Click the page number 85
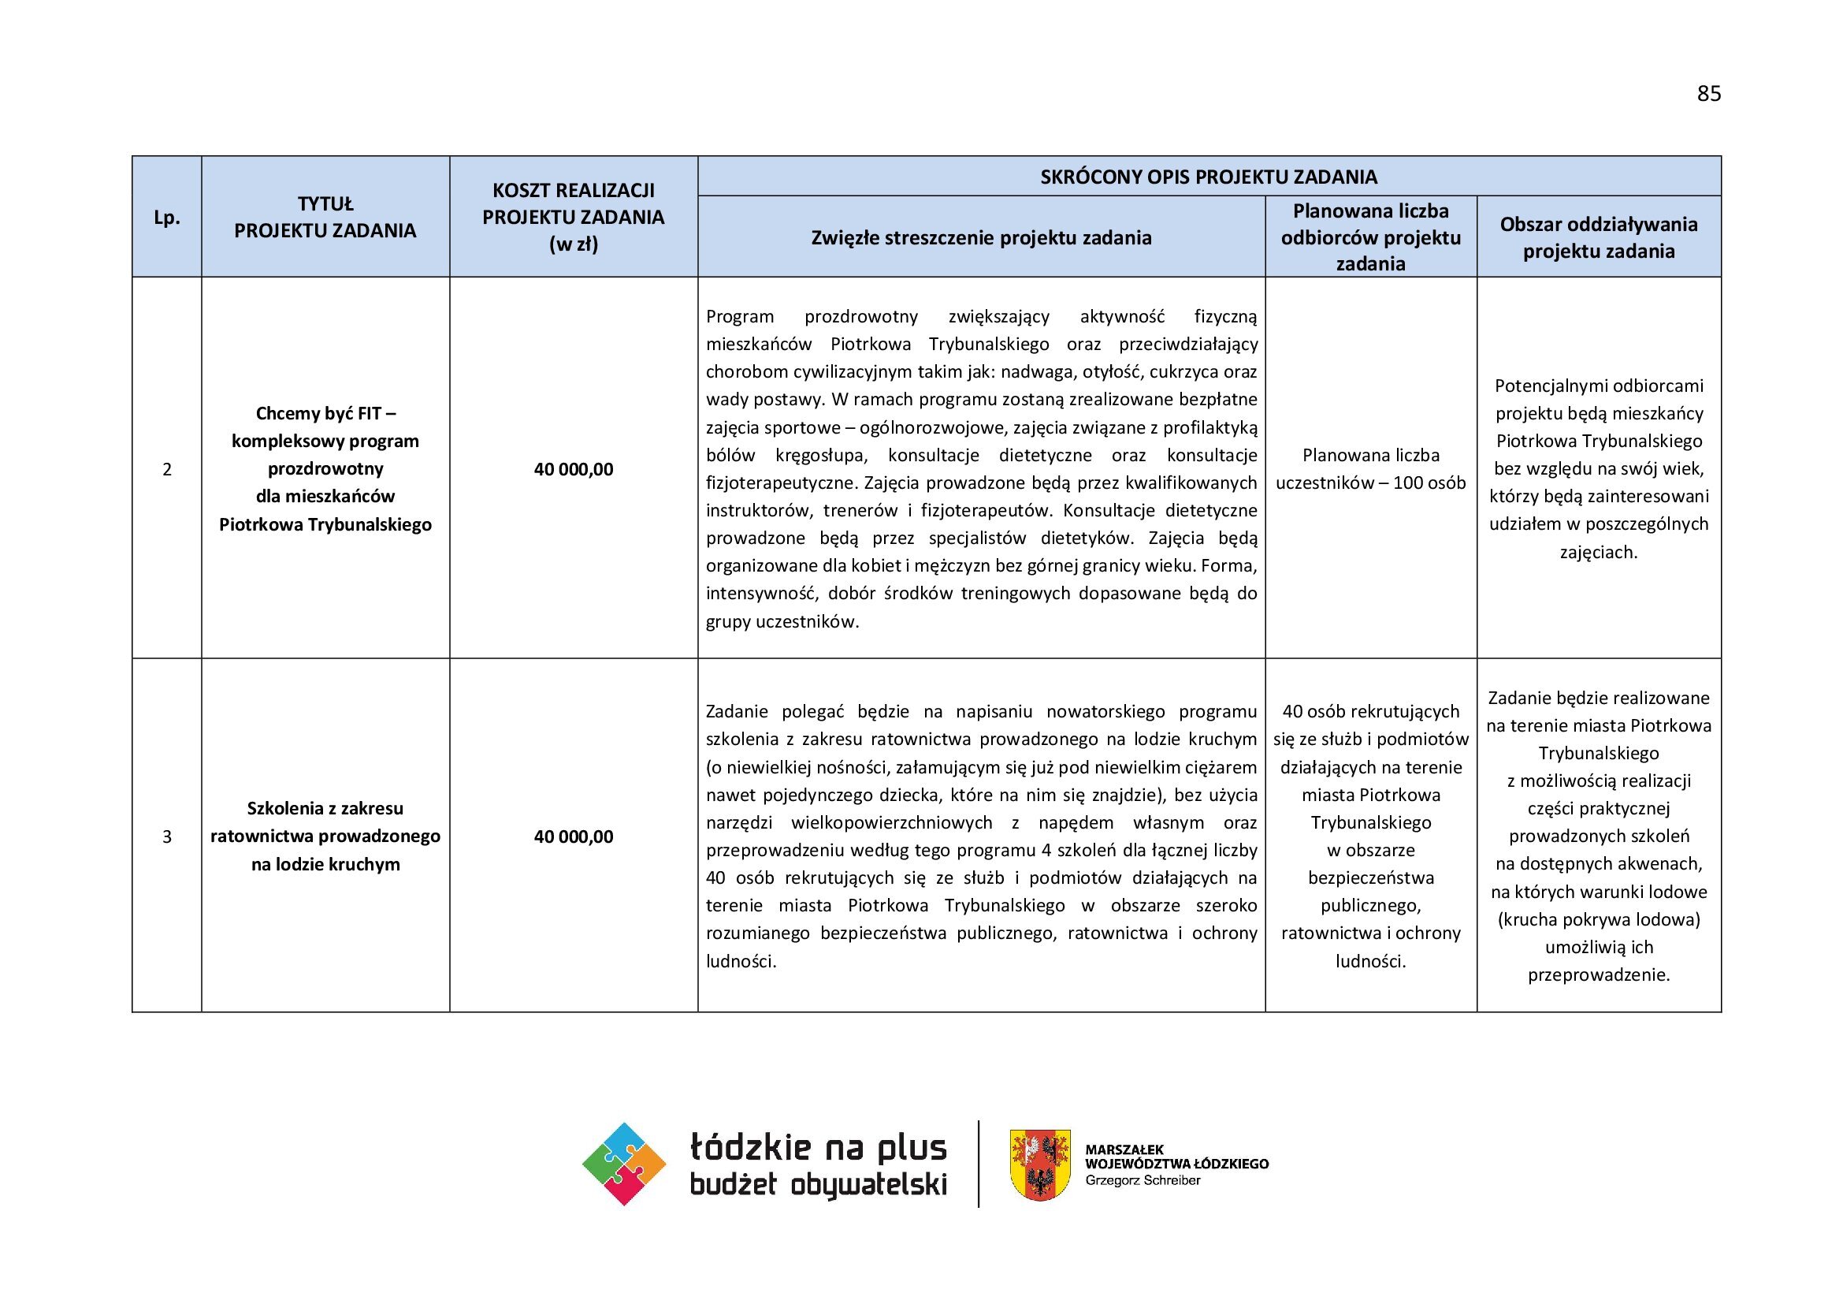click(x=1709, y=94)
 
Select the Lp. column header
click(x=166, y=218)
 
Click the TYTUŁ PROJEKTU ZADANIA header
click(x=325, y=218)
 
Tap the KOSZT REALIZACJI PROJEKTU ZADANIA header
click(x=573, y=217)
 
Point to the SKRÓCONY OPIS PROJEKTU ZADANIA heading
click(x=1208, y=177)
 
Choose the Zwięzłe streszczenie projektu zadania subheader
click(x=981, y=237)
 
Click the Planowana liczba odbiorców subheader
click(x=1370, y=237)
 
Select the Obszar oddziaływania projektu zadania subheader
click(x=1598, y=237)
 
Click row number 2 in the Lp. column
click(x=167, y=469)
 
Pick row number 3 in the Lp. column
click(x=167, y=836)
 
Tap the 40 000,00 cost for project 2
click(x=573, y=469)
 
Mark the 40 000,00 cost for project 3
click(x=573, y=836)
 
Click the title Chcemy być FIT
click(x=325, y=414)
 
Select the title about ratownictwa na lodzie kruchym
click(x=325, y=836)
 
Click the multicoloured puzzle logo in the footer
click(x=624, y=1164)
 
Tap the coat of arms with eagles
click(x=1039, y=1165)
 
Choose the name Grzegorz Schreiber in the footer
click(x=1143, y=1180)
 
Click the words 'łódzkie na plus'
click(x=818, y=1147)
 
